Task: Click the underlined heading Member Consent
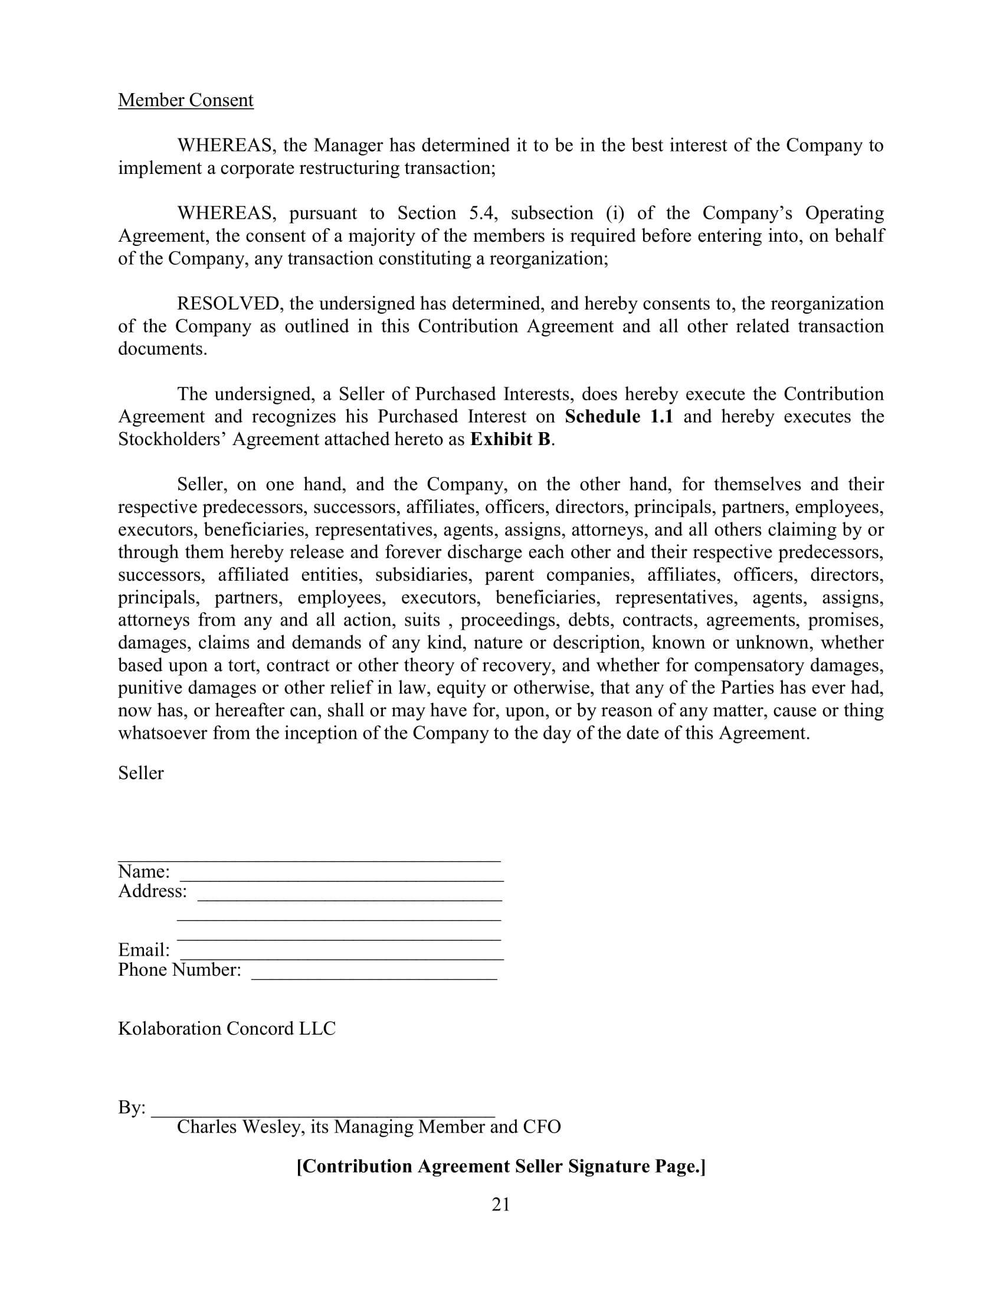[185, 100]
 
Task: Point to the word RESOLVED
[228, 304]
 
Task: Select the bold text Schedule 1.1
[618, 416]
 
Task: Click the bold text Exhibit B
[510, 439]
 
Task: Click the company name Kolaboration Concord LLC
[227, 1029]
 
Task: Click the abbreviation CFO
[541, 1127]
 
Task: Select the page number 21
[501, 1204]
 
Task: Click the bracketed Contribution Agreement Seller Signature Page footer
[501, 1166]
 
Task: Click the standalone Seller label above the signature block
[141, 773]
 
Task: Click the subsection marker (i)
[615, 213]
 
